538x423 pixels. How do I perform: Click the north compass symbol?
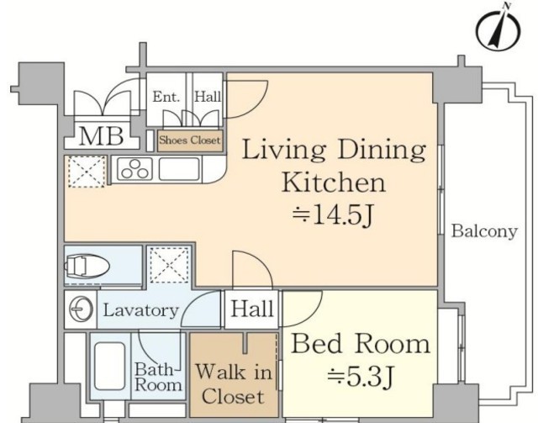(x=498, y=30)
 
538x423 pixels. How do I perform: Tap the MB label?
(x=101, y=136)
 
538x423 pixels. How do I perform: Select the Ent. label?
(x=166, y=97)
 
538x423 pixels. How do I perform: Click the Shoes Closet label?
(x=190, y=140)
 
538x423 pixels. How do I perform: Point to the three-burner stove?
(x=134, y=169)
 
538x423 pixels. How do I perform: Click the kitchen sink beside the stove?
(x=179, y=168)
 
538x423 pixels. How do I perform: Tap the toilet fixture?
(x=87, y=266)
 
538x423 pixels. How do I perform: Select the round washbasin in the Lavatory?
(x=81, y=309)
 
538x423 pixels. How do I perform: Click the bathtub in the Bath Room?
(x=110, y=366)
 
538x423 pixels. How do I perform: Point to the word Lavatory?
(x=141, y=310)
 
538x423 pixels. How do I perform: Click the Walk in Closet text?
(x=234, y=383)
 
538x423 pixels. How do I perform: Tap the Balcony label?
(x=484, y=231)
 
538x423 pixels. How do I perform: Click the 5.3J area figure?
(x=360, y=376)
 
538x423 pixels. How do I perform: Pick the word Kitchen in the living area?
(x=334, y=182)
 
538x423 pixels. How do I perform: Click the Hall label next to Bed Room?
(x=252, y=309)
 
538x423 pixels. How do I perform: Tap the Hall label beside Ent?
(x=208, y=97)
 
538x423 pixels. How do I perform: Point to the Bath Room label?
(x=158, y=377)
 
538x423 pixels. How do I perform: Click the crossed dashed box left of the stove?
(x=87, y=172)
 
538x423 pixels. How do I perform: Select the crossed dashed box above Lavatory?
(x=170, y=265)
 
